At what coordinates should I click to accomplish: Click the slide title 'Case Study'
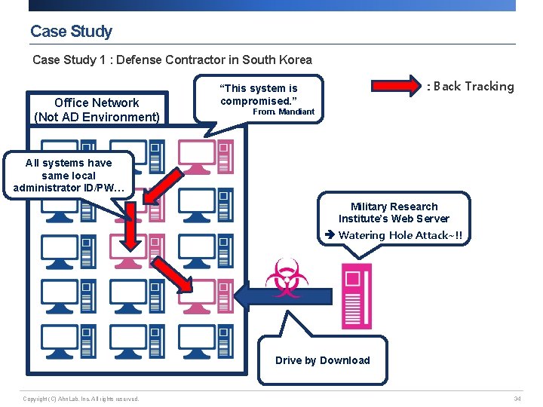pos(71,32)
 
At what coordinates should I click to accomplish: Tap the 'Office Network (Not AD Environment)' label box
pos(97,110)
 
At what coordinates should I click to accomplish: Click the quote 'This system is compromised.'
pos(259,94)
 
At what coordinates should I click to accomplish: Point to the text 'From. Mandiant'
pos(283,112)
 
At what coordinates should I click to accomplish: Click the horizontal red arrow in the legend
pos(399,85)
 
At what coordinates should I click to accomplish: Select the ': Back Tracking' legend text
pos(471,86)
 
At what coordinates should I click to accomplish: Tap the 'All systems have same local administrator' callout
pos(68,175)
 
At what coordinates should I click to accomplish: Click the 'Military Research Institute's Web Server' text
pos(394,213)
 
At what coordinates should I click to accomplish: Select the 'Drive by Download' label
pos(322,360)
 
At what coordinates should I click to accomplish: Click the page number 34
pos(517,399)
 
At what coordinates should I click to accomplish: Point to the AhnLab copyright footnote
pos(81,399)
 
